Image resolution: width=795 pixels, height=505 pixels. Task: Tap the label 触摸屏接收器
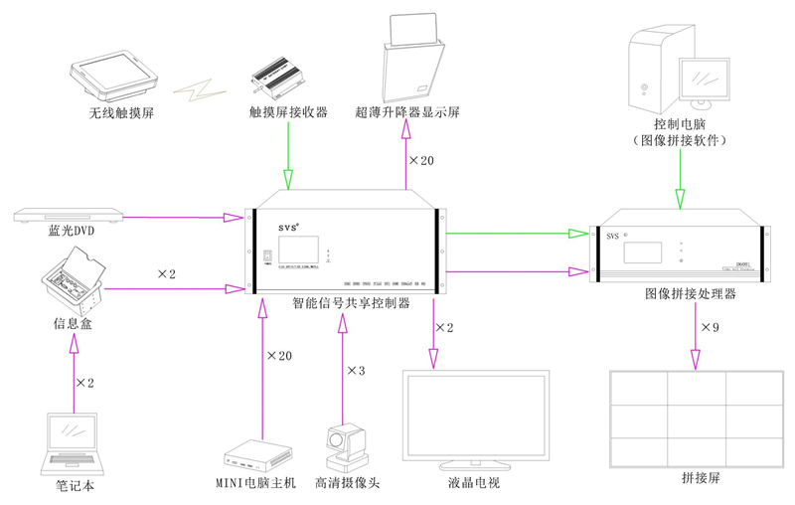tap(288, 112)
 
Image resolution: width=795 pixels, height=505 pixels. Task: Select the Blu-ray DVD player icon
tap(69, 215)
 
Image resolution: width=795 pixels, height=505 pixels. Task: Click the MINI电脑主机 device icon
tap(257, 456)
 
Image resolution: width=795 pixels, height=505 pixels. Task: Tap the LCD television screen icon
tap(475, 418)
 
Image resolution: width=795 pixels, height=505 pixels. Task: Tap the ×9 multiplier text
tap(710, 326)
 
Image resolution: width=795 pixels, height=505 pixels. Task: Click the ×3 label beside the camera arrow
tap(356, 371)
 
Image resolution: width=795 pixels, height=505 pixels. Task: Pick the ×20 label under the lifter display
tap(421, 159)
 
